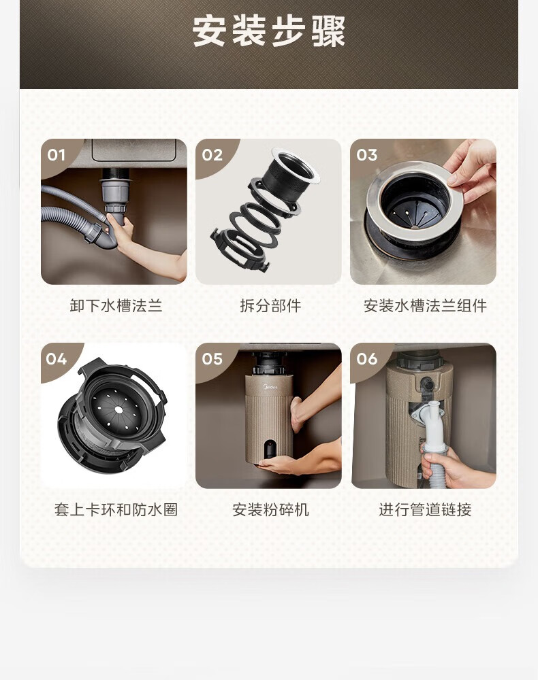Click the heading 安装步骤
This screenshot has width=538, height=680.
(x=269, y=31)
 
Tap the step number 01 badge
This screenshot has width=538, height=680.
(x=57, y=155)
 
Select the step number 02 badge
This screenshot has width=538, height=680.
(x=212, y=155)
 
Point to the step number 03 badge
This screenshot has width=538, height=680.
(x=367, y=155)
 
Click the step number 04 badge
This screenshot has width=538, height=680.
(x=57, y=358)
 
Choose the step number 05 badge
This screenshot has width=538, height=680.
(x=212, y=358)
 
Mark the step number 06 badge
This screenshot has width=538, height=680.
(x=367, y=358)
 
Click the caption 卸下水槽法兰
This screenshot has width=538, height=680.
(x=116, y=306)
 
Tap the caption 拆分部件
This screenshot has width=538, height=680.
(x=270, y=306)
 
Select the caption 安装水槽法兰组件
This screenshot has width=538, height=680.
(x=425, y=306)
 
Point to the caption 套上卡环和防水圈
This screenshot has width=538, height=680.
(x=116, y=509)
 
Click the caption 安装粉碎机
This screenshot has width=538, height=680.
(x=270, y=509)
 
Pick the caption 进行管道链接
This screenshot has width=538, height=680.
(x=425, y=509)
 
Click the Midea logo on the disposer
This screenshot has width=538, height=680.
(x=270, y=387)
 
